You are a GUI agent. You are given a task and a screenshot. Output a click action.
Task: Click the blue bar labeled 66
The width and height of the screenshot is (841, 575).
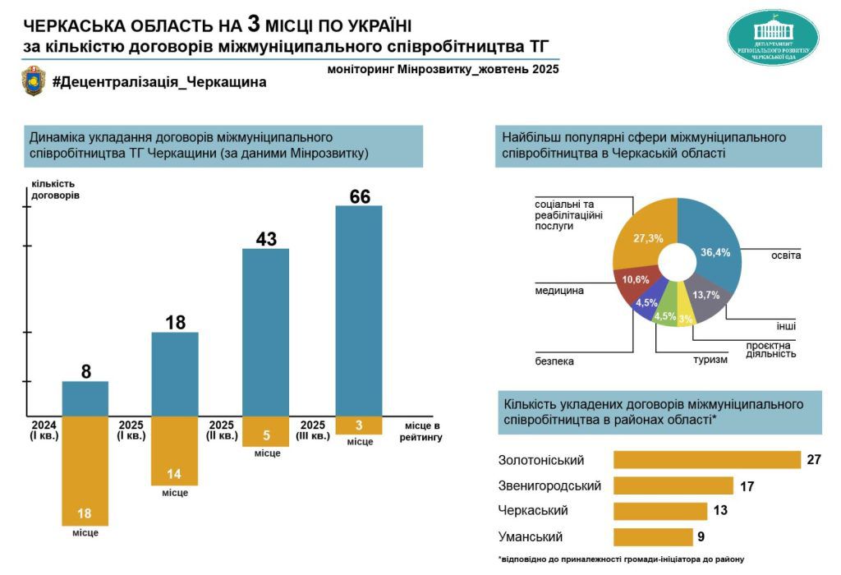point(359,310)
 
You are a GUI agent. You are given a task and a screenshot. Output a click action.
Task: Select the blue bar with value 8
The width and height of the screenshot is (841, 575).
point(85,398)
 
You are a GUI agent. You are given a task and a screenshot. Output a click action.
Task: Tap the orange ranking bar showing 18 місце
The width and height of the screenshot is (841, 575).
point(85,470)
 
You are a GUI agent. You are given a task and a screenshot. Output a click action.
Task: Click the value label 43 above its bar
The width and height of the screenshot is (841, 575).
point(266,239)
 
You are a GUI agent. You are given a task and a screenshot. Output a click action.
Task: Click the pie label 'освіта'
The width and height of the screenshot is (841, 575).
point(785,255)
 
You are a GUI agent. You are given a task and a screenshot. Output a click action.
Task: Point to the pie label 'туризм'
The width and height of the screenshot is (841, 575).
point(710,359)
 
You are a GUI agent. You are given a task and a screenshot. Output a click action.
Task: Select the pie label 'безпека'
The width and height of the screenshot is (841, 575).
point(554,361)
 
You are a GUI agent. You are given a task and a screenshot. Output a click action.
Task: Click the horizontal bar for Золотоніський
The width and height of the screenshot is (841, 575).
point(706,459)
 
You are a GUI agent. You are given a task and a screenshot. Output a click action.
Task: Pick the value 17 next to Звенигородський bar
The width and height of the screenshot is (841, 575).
point(747,486)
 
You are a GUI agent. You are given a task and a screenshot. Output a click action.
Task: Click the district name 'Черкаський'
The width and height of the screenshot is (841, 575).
point(533,511)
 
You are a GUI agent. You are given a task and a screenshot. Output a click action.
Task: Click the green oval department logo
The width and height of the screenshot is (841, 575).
point(773,38)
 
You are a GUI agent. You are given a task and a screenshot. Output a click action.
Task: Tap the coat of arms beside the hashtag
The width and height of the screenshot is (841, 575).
point(34,81)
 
